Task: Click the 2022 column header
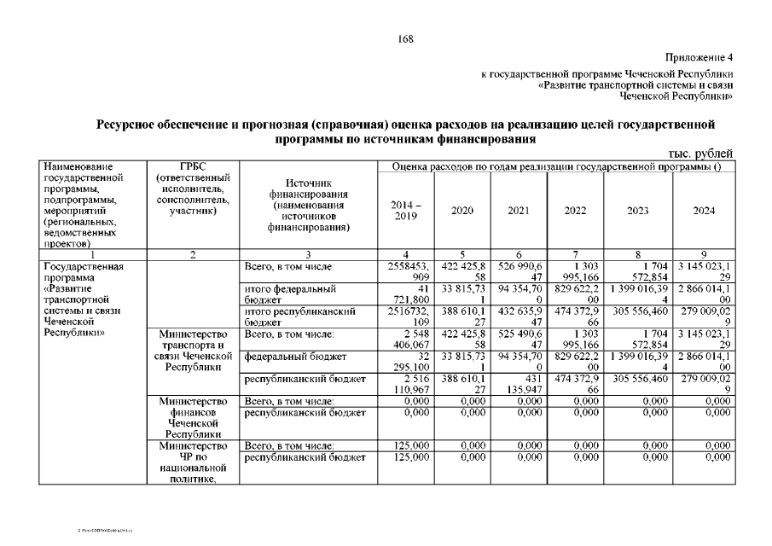click(577, 211)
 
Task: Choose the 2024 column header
click(704, 211)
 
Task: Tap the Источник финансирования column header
click(309, 206)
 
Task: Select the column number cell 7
click(577, 255)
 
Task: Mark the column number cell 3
click(309, 255)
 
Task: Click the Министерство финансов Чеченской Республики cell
click(193, 416)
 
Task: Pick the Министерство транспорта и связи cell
click(193, 350)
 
